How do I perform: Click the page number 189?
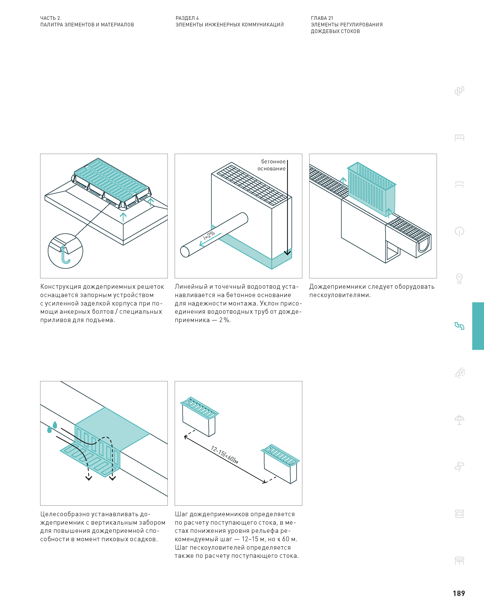(459, 593)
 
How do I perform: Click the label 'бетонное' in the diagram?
(273, 162)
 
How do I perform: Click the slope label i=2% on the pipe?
(209, 236)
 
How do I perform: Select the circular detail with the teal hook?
(65, 251)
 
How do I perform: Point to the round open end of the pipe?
(185, 252)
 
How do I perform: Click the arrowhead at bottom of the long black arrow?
(287, 253)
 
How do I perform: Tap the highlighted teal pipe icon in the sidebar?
(459, 326)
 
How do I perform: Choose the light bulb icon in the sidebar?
(459, 279)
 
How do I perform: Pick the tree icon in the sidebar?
(459, 232)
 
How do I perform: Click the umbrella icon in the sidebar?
(459, 420)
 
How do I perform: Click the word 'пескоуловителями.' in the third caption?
(340, 295)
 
